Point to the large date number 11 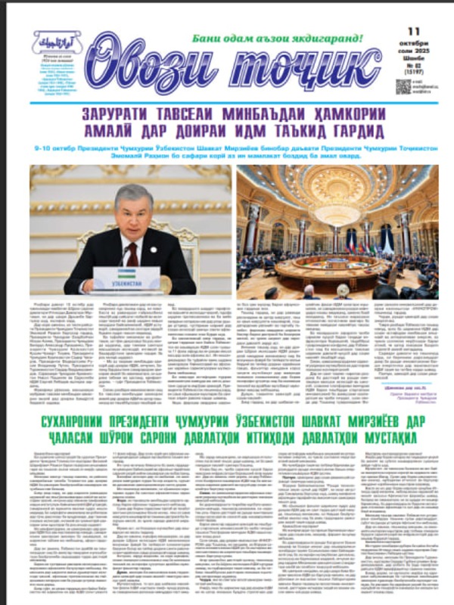click(413, 31)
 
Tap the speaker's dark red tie click(132, 254)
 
